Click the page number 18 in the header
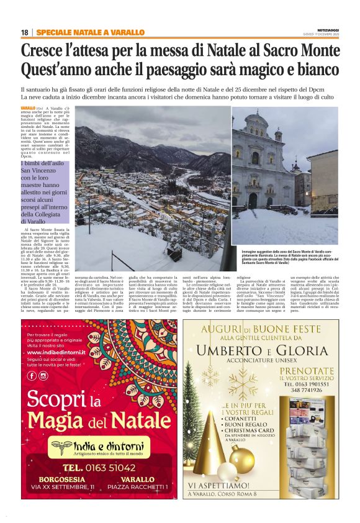coord(24,32)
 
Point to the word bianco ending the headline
coord(317,68)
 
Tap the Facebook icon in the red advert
coord(32,375)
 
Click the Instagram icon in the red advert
coord(43,375)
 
